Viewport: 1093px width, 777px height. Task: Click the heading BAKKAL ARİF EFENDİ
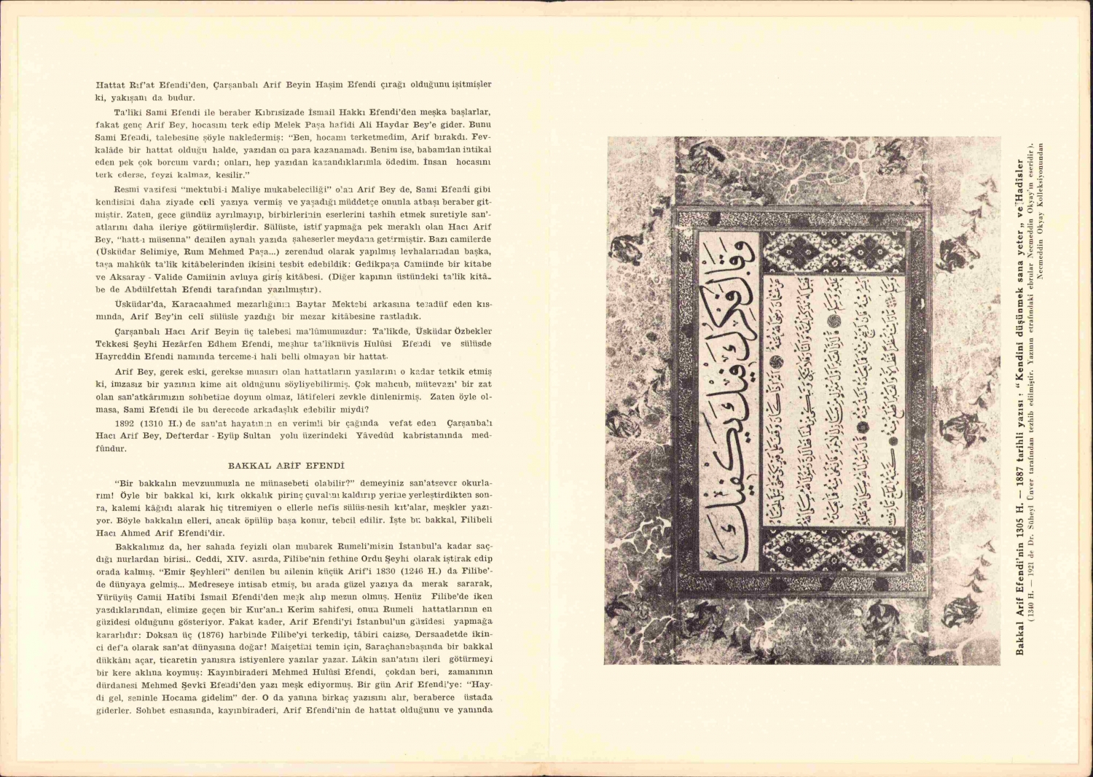[286, 465]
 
